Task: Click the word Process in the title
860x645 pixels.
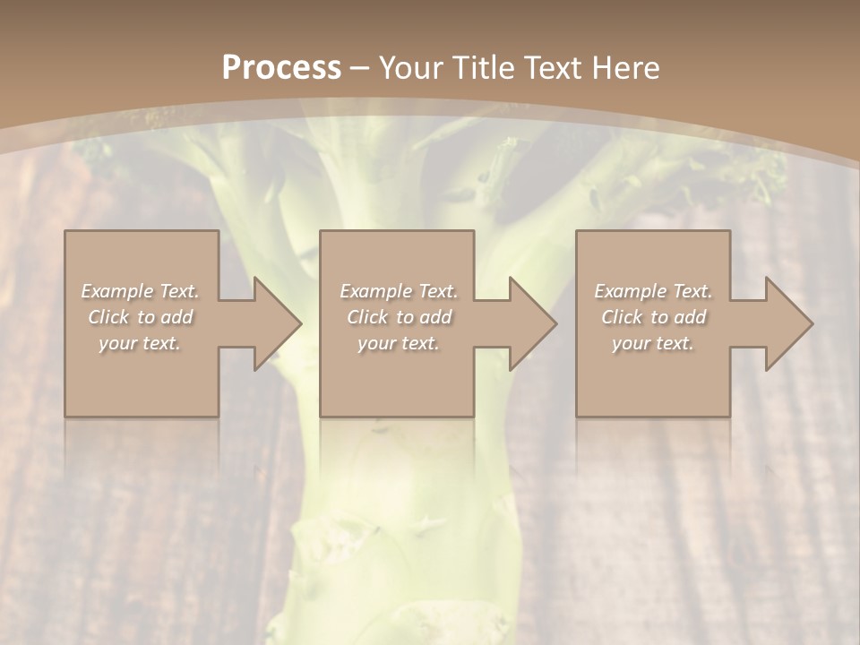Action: pos(281,68)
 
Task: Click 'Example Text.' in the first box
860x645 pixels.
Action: pos(141,291)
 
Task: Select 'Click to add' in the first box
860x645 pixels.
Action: pos(141,317)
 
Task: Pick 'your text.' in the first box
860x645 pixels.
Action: pos(141,343)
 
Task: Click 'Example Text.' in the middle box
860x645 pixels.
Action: pos(398,291)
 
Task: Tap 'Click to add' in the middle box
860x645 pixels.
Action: pos(398,317)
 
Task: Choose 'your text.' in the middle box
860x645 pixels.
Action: pos(398,343)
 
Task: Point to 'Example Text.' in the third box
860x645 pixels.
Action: pos(653,291)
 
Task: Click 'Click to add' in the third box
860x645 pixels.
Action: pos(653,317)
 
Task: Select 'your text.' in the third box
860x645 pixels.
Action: pos(653,343)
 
